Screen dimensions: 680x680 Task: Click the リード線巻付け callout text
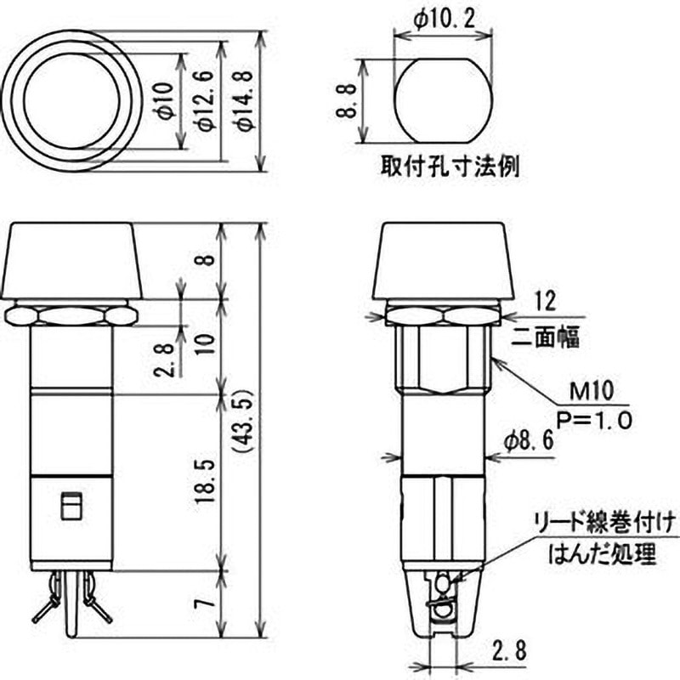pyautogui.click(x=606, y=521)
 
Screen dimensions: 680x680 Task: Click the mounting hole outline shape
pyautogui.click(x=442, y=101)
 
